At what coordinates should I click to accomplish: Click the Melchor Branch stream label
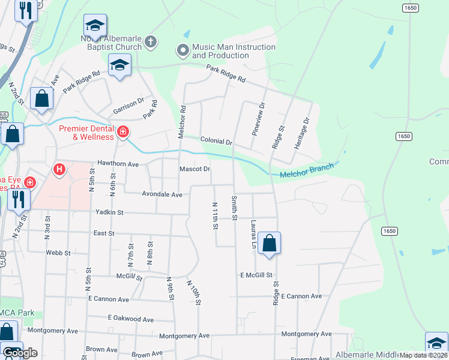306,171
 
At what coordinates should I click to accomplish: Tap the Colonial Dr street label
216,141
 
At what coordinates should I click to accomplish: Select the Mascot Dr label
195,169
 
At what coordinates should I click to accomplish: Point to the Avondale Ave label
161,194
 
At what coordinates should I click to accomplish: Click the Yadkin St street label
109,212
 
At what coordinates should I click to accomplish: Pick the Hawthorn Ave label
118,164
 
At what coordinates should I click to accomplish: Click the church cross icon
150,42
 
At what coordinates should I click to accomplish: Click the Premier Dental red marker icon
122,131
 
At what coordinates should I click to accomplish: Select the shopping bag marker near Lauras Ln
270,244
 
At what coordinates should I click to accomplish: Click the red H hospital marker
59,170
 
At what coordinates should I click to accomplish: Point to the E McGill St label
257,275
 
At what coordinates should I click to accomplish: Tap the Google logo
20,353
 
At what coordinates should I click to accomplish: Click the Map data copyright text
423,355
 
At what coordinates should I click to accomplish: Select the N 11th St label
215,214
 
